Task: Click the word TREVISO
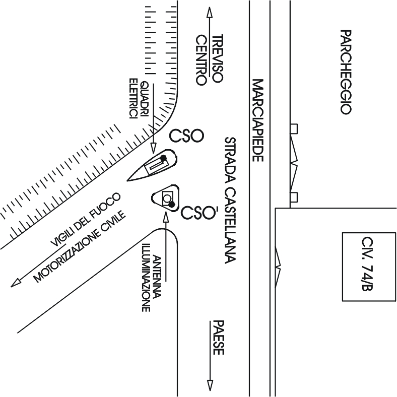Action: coord(217,58)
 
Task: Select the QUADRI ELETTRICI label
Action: coord(139,99)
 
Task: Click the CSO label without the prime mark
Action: coord(185,136)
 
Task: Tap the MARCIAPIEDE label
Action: coord(257,120)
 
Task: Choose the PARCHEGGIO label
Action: coord(345,72)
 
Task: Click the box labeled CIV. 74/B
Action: coord(365,267)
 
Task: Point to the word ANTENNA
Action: coord(157,278)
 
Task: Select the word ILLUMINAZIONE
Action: coord(146,278)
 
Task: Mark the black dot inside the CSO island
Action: coord(163,157)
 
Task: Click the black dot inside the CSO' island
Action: coord(172,204)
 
